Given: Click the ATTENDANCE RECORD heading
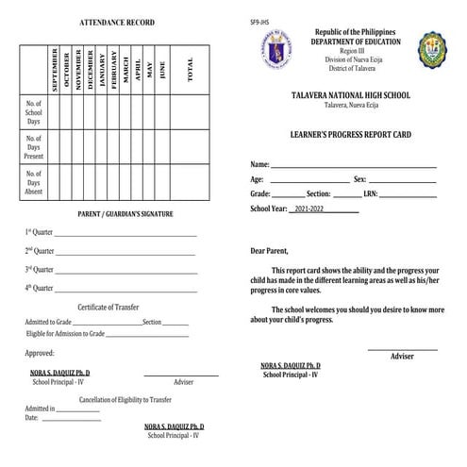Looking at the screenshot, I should (x=117, y=22).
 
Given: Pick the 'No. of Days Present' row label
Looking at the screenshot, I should (x=33, y=147).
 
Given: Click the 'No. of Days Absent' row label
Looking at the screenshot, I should (x=33, y=182).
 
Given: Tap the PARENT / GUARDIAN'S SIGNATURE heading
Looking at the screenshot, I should (x=125, y=214).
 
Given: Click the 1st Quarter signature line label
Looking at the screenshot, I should (x=40, y=233).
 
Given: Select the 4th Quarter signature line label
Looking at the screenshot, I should (x=40, y=288).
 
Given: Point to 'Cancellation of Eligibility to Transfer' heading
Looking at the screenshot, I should (x=118, y=399).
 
